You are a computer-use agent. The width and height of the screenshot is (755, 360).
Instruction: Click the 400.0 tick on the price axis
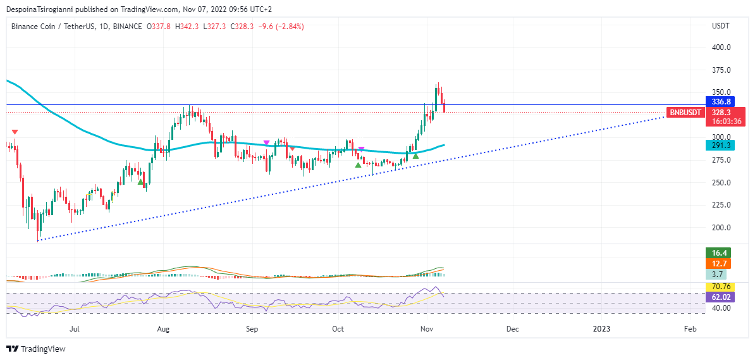[x=721, y=47]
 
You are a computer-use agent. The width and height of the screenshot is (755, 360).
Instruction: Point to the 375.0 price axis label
[x=721, y=70]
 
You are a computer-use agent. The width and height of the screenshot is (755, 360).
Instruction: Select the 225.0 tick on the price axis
[x=721, y=205]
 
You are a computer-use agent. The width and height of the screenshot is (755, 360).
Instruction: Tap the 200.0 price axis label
[x=721, y=228]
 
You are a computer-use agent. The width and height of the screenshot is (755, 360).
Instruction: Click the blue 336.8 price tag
[x=721, y=102]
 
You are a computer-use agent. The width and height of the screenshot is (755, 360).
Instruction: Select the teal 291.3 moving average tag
[x=721, y=145]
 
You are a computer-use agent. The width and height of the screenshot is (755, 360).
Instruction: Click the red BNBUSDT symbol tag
[x=685, y=113]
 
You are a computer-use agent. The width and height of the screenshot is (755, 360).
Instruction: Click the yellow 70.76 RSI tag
[x=721, y=287]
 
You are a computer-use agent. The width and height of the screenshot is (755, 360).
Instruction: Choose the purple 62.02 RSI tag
[x=721, y=296]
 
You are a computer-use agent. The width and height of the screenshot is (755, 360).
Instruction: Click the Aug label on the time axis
[x=163, y=329]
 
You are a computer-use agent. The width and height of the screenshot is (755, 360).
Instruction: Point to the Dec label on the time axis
[x=513, y=329]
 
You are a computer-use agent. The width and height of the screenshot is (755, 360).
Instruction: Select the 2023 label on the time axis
[x=601, y=329]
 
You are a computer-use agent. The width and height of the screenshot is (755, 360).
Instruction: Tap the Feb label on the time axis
[x=691, y=329]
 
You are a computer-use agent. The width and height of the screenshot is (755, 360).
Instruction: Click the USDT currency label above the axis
[x=721, y=26]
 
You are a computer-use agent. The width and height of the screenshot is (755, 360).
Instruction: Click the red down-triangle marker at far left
[x=15, y=132]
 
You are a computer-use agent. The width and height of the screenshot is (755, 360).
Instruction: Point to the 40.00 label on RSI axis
[x=721, y=308]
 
